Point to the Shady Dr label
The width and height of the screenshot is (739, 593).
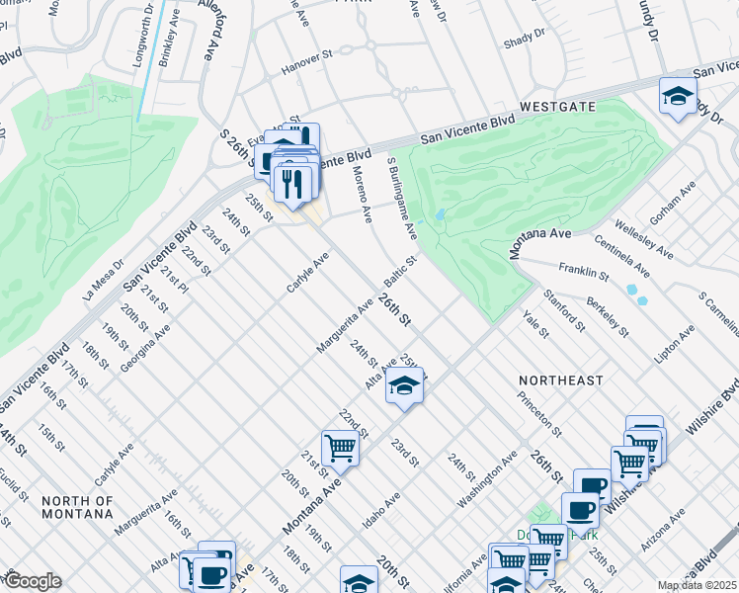click(524, 36)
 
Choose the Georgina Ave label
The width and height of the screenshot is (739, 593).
click(146, 347)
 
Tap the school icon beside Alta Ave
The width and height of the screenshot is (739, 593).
click(403, 386)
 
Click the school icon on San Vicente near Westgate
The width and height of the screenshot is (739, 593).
click(678, 96)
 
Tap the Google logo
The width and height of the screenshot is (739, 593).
click(33, 581)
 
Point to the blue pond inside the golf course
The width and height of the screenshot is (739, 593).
click(439, 214)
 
